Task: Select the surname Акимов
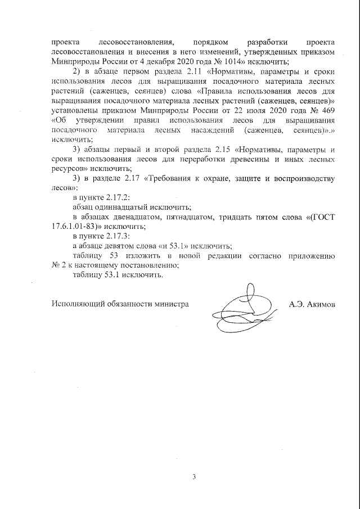(x=320, y=304)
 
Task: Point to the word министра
(x=170, y=304)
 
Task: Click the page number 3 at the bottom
(x=194, y=478)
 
